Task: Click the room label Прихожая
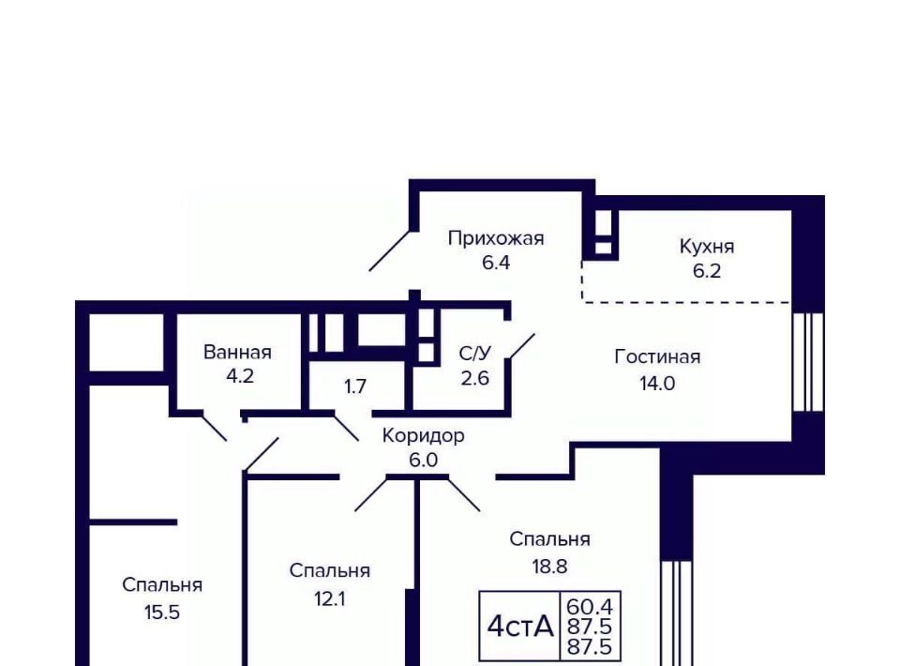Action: [496, 237]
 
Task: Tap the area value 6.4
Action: [496, 263]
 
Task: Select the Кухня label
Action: [707, 246]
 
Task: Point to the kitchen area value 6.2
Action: [707, 270]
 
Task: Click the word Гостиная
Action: [657, 356]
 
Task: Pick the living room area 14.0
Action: [657, 383]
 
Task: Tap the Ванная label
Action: [237, 352]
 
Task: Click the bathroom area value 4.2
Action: [239, 376]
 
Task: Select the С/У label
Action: [474, 353]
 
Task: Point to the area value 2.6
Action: [474, 378]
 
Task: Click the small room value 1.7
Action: [354, 386]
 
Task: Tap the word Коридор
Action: [423, 435]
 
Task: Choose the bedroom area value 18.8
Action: [549, 567]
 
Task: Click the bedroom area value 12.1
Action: [329, 598]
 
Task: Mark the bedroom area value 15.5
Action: [162, 612]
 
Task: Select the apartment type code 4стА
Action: [520, 626]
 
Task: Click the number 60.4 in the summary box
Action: [590, 606]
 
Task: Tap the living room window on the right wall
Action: [808, 362]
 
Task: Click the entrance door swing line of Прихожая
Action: [390, 250]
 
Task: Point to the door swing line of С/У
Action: [522, 347]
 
